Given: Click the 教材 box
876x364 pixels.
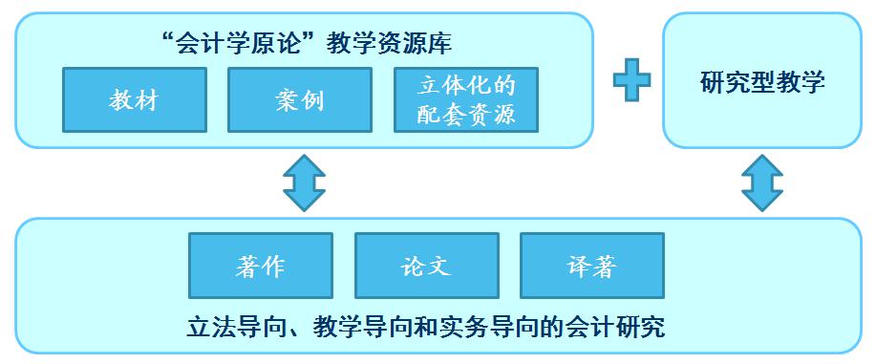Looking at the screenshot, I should pyautogui.click(x=134, y=100).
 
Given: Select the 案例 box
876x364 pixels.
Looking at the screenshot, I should pyautogui.click(x=298, y=100).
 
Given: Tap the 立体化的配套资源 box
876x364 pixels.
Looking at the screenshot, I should pyautogui.click(x=466, y=100).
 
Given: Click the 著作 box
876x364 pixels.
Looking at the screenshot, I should pyautogui.click(x=260, y=266).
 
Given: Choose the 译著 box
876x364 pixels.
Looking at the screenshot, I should pyautogui.click(x=589, y=266).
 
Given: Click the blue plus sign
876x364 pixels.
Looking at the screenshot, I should pyautogui.click(x=631, y=80).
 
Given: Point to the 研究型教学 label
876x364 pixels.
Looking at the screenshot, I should pyautogui.click(x=761, y=82).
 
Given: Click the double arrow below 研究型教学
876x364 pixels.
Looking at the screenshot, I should pyautogui.click(x=761, y=183).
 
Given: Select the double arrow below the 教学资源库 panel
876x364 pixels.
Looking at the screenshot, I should pyautogui.click(x=304, y=183).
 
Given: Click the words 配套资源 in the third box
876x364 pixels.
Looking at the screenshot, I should pyautogui.click(x=466, y=115).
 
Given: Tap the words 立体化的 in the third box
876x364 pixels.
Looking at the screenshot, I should pyautogui.click(x=466, y=86).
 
